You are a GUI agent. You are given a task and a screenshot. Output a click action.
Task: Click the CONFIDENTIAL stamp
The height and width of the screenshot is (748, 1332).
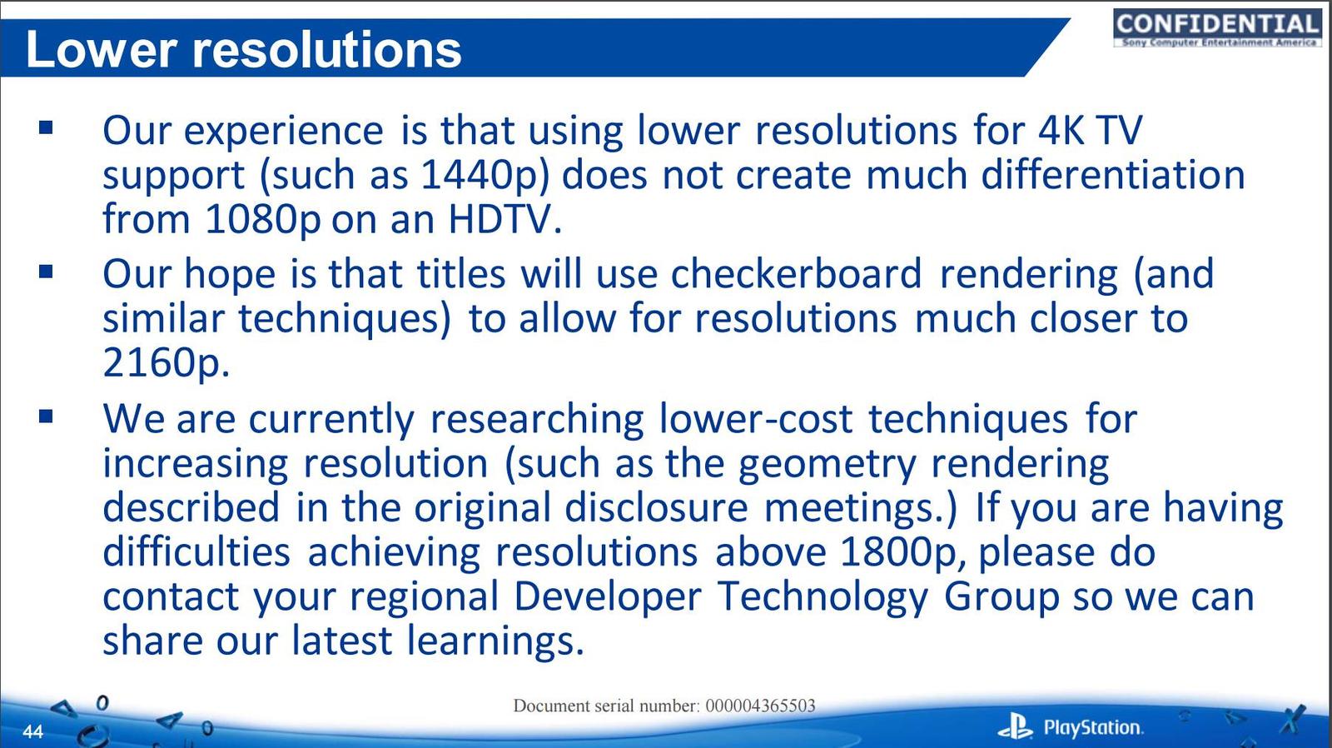tap(1217, 27)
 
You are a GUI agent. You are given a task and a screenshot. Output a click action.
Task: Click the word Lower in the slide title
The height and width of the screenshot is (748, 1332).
tap(101, 49)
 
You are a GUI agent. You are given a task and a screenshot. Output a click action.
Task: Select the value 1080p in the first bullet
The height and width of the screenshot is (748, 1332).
tap(262, 220)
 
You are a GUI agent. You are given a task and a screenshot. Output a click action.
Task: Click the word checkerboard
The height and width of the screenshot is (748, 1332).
tap(796, 274)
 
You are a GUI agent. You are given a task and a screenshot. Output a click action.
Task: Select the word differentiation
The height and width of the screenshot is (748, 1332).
tap(1112, 175)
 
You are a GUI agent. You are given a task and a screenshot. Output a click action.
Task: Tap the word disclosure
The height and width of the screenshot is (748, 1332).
tap(656, 507)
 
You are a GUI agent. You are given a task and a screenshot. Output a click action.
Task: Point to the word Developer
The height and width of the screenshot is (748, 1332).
tap(607, 597)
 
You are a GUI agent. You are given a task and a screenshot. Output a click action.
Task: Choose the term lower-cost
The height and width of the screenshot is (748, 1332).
tap(757, 419)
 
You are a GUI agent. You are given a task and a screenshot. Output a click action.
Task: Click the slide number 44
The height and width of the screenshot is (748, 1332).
tap(33, 731)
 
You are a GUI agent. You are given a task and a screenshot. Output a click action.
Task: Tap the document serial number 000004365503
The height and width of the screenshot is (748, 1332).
tap(760, 706)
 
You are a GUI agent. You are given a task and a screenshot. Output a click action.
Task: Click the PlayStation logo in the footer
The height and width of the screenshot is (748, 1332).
tap(1070, 728)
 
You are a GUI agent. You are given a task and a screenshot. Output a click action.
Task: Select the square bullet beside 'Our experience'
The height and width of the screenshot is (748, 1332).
tap(46, 128)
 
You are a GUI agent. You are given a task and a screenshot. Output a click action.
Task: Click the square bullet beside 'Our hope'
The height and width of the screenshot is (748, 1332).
tap(46, 272)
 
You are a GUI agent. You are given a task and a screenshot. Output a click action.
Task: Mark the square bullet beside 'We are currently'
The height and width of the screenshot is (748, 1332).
tap(46, 416)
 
